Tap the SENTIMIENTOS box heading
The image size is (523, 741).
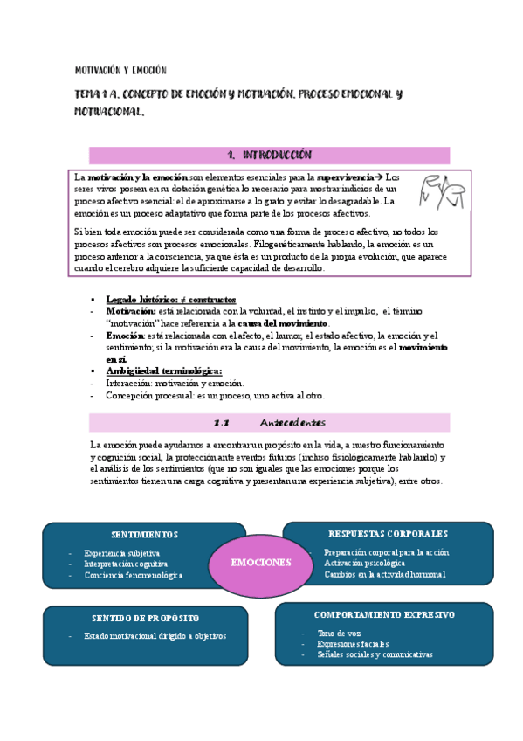[145, 534]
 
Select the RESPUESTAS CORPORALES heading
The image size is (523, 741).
[389, 533]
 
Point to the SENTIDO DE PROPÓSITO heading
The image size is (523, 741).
[144, 619]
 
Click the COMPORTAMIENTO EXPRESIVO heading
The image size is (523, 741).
[384, 615]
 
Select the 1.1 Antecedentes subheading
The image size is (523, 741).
[269, 423]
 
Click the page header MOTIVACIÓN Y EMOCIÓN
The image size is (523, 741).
[120, 70]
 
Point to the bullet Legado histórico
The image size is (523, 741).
[170, 300]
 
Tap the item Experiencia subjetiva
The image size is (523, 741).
[121, 553]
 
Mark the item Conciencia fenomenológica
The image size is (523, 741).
[134, 575]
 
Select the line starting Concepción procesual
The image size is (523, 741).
[203, 395]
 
